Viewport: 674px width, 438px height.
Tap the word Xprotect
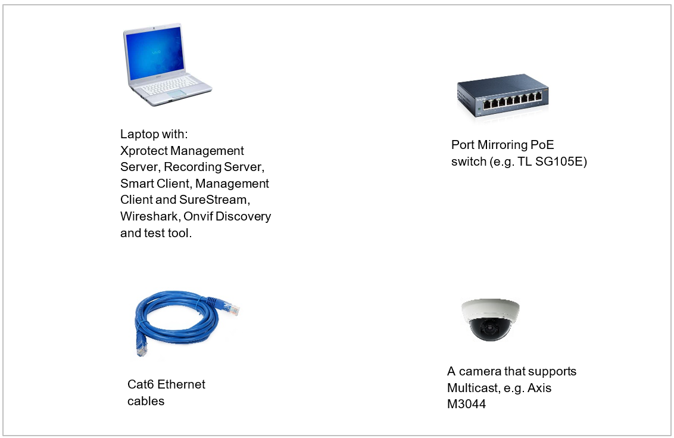[143, 150]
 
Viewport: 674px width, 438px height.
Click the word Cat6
[141, 384]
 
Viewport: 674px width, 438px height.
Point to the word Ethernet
[182, 384]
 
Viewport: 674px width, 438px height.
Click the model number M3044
[466, 405]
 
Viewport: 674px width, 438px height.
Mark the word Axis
[539, 388]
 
